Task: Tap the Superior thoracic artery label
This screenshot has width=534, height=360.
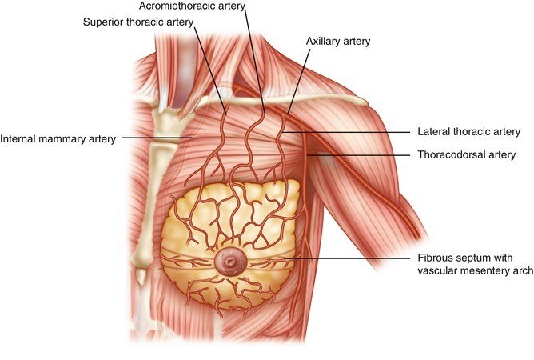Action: [x=138, y=22]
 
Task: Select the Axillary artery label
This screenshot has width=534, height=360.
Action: [x=337, y=40]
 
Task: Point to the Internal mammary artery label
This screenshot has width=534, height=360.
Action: [x=58, y=138]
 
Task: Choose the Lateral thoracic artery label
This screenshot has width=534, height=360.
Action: [x=468, y=131]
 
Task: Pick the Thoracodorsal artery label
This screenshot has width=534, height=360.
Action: [x=466, y=154]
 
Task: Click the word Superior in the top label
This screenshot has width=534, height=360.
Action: [x=104, y=22]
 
